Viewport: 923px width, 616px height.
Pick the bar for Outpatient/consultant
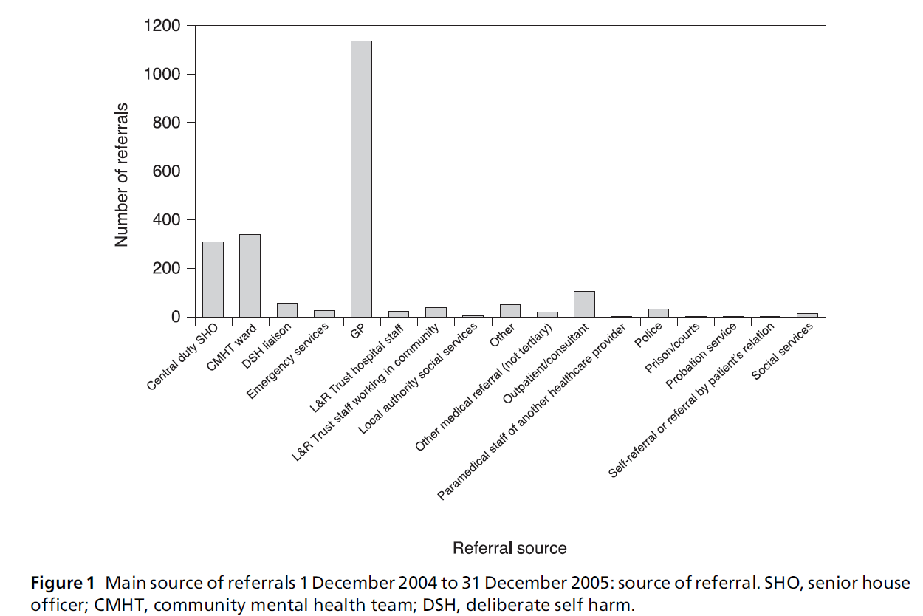[x=584, y=304]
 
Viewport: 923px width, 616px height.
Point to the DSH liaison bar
[x=286, y=309]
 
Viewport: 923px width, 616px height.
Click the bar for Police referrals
[x=658, y=312]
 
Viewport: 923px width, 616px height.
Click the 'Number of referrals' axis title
[x=122, y=174]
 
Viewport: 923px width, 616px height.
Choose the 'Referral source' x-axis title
[x=509, y=548]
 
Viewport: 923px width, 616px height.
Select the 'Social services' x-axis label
[x=783, y=352]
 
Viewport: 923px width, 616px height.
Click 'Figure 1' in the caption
[x=57, y=584]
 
